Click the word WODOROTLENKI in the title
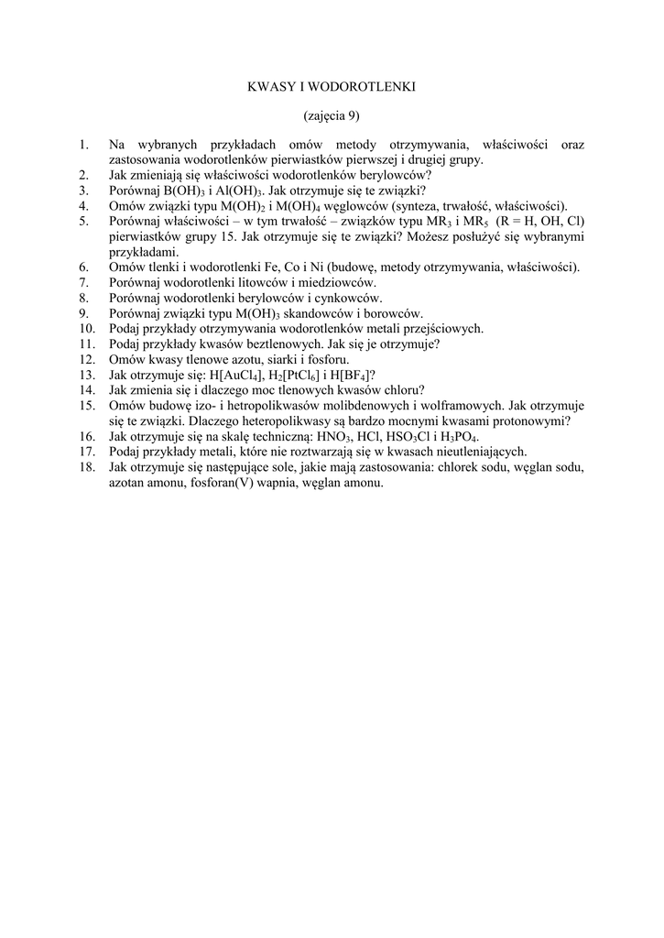365,87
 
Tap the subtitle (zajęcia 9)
332,115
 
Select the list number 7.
82,283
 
